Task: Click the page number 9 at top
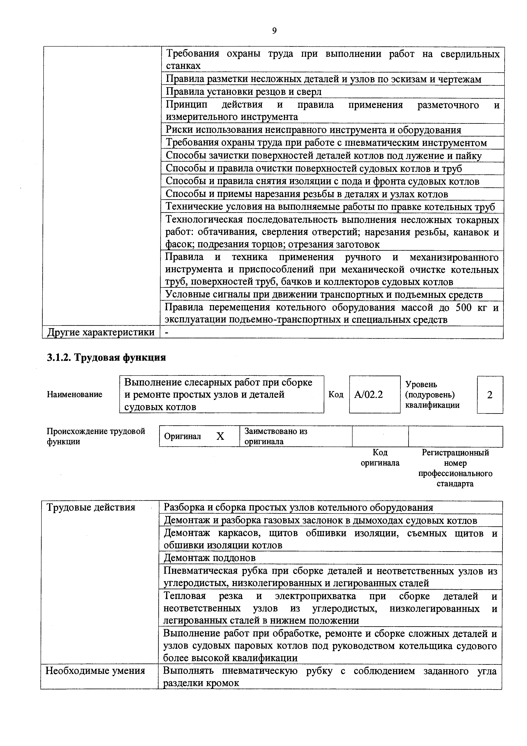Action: [x=274, y=31]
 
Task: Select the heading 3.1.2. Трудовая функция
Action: [x=106, y=358]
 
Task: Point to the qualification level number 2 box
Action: [x=490, y=395]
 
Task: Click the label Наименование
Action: [x=75, y=394]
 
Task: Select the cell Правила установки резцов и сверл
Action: [x=244, y=92]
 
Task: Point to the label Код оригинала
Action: [x=380, y=457]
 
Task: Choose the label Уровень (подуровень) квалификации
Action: [x=432, y=395]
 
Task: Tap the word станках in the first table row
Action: [x=183, y=66]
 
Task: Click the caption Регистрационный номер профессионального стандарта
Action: [x=455, y=468]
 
